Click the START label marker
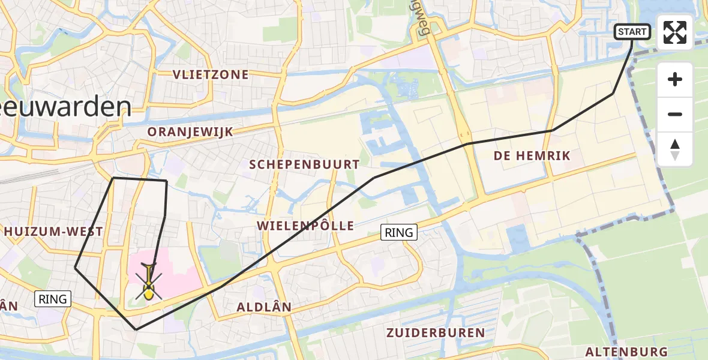632,32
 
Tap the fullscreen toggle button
675,32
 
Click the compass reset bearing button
675,149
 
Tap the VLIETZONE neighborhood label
202,74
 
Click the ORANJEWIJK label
190,131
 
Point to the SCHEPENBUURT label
304,164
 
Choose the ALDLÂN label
264,307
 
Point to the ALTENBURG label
626,352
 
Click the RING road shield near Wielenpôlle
399,232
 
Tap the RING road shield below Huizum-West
53,298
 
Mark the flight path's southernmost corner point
136,329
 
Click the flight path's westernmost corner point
75,268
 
